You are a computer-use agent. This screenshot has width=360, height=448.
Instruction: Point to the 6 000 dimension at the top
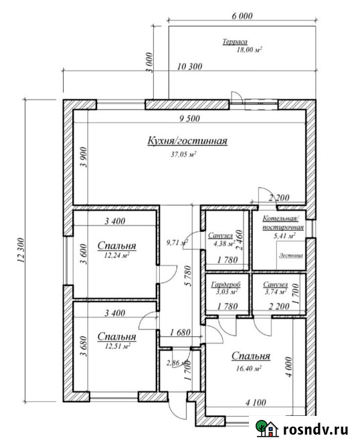(242, 15)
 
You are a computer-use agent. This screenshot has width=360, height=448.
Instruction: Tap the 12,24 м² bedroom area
(116, 255)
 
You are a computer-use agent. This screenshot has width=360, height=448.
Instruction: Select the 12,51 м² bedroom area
(116, 346)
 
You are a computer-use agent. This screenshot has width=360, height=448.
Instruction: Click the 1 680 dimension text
(181, 332)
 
